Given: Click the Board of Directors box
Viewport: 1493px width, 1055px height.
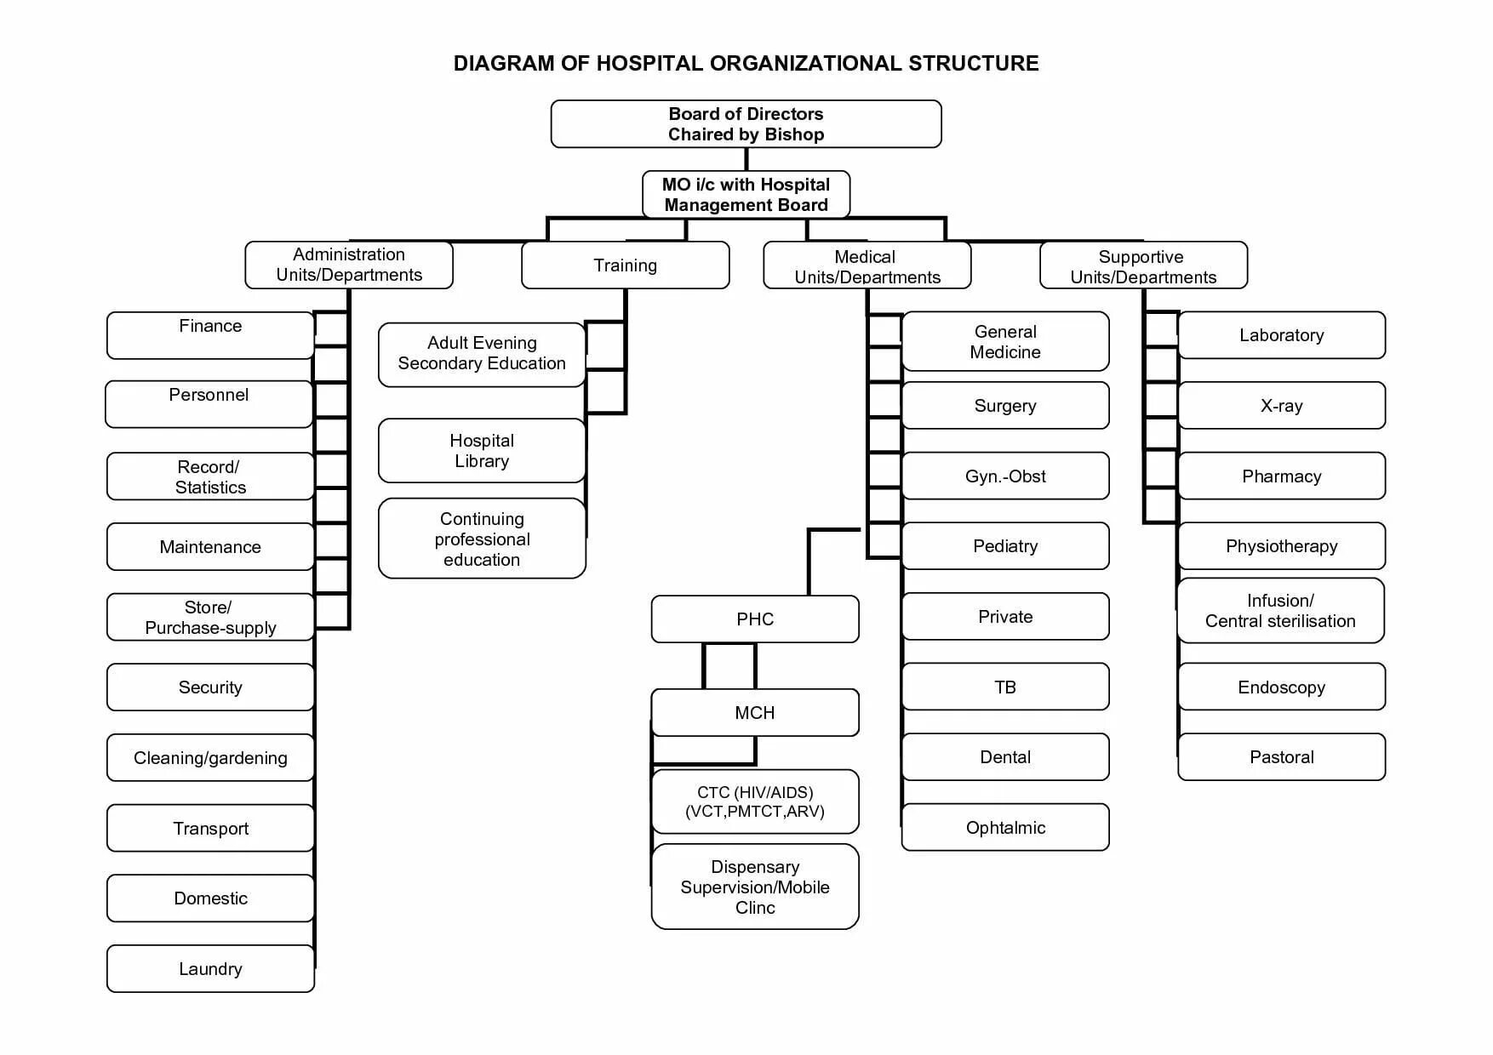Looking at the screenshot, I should tap(746, 124).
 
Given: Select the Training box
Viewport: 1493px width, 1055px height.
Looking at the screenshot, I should tap(625, 265).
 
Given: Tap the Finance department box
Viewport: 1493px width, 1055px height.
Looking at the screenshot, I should tap(210, 335).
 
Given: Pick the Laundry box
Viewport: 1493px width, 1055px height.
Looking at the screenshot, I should tap(210, 968).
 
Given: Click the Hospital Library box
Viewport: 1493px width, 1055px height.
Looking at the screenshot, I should tap(482, 451).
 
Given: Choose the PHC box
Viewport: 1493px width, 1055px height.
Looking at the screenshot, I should tap(755, 619).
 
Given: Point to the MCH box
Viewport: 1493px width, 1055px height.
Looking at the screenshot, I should tap(755, 713).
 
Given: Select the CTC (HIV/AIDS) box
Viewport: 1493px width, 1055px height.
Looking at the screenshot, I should tap(755, 801).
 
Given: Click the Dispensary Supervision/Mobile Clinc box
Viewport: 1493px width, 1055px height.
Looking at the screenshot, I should tap(755, 887).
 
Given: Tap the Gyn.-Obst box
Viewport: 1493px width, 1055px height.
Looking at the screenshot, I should tap(1005, 476).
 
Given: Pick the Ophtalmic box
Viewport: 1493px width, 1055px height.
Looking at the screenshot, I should tap(1005, 827).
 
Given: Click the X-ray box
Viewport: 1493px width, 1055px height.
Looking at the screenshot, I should tap(1281, 406).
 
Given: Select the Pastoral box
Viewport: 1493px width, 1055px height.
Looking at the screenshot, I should tap(1281, 757).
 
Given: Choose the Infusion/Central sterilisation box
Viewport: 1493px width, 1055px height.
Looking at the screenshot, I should tap(1280, 611).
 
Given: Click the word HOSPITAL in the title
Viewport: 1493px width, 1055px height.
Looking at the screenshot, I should tap(649, 64).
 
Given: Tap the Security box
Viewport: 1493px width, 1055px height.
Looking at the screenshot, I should tap(210, 687).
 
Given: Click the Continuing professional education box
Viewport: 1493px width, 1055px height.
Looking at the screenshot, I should tap(482, 539).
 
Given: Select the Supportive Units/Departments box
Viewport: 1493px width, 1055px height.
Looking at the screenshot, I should tap(1143, 265).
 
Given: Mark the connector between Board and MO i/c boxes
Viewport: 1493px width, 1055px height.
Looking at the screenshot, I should tap(746, 159).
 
